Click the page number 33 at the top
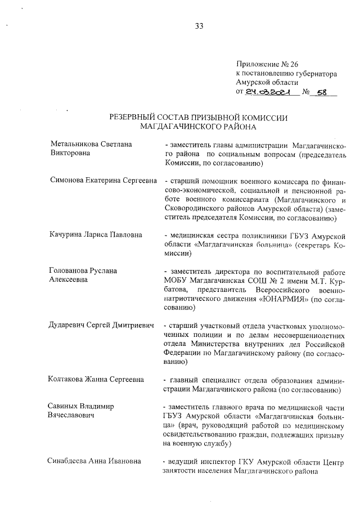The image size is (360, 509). pyautogui.click(x=199, y=26)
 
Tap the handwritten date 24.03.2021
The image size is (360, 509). pyautogui.click(x=271, y=92)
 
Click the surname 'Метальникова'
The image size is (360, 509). pyautogui.click(x=74, y=144)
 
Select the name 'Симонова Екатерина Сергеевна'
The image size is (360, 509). pyautogui.click(x=101, y=181)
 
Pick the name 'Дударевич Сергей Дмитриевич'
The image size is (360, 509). pyautogui.click(x=102, y=326)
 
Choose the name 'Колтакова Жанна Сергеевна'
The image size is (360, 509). pyautogui.click(x=96, y=379)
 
